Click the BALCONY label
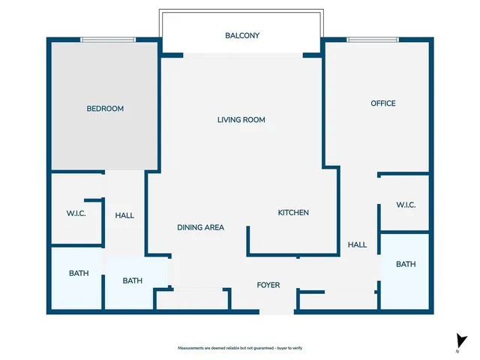(242, 35)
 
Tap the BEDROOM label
(105, 109)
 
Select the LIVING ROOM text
(241, 120)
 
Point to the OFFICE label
(383, 103)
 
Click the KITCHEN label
(293, 213)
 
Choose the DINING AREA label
(200, 227)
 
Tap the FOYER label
(268, 285)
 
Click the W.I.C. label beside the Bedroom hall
(76, 214)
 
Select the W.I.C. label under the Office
(406, 205)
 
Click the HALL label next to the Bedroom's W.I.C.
(124, 215)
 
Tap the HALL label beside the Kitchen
(357, 244)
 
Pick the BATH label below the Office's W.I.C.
(406, 264)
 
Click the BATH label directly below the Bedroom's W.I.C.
(79, 274)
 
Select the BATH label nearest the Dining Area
(133, 281)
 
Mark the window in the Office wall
(373, 40)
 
